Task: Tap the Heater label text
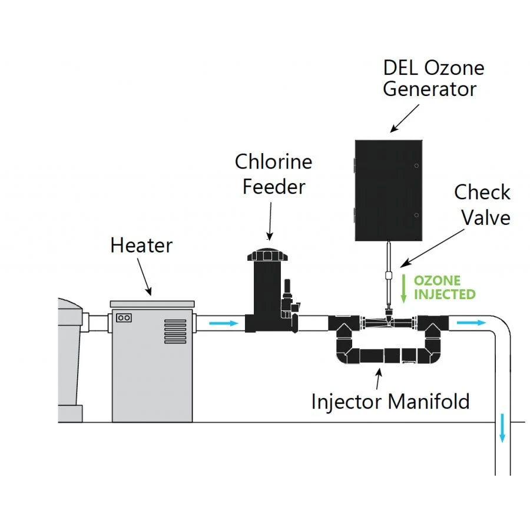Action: pyautogui.click(x=141, y=245)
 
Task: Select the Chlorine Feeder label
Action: pyautogui.click(x=274, y=174)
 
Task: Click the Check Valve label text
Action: pyautogui.click(x=482, y=204)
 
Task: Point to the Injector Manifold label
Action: pyautogui.click(x=390, y=401)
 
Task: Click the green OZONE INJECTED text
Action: pyautogui.click(x=444, y=287)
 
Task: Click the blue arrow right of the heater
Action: pyautogui.click(x=224, y=323)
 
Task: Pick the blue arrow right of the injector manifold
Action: pyautogui.click(x=472, y=323)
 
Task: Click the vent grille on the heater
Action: pyautogui.click(x=175, y=332)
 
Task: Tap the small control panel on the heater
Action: pyautogui.click(x=124, y=317)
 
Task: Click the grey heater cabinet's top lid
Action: pyautogui.click(x=152, y=303)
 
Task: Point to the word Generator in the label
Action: pyautogui.click(x=429, y=90)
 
